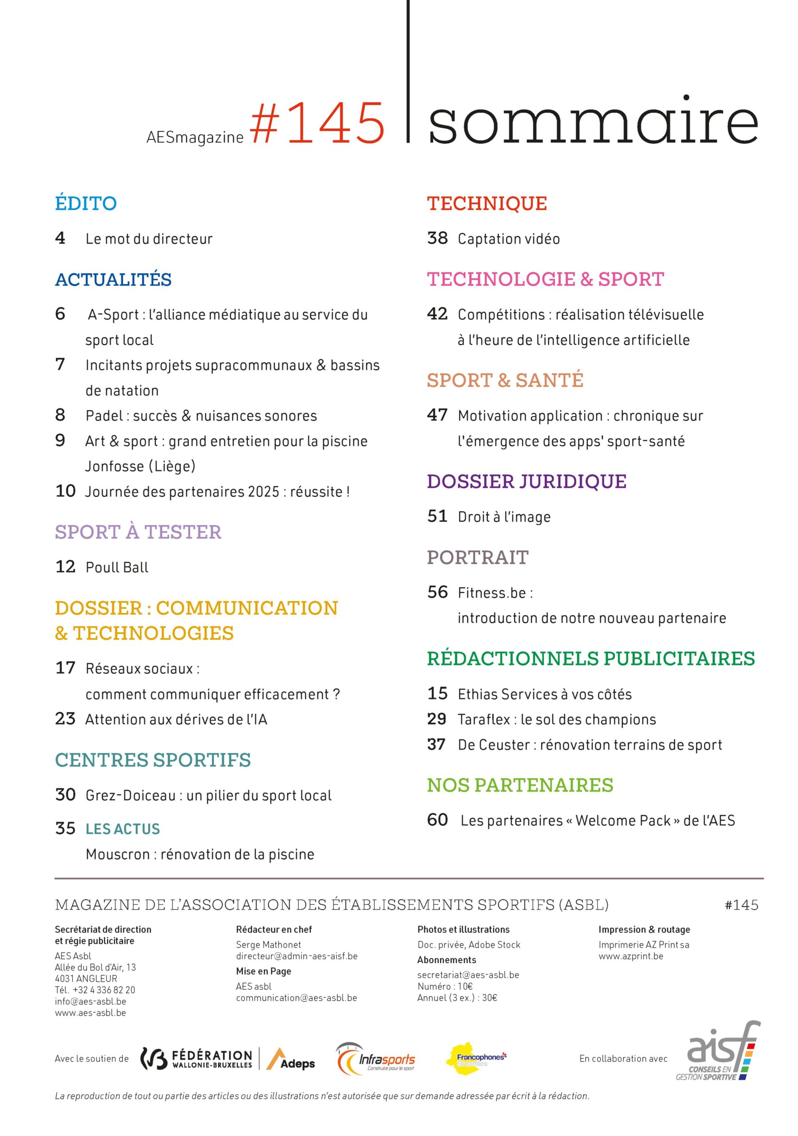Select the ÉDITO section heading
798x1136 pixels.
point(86,203)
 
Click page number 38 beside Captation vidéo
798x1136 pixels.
point(437,238)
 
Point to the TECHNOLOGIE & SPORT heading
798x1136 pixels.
point(545,280)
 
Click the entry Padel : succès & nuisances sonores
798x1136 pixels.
point(201,416)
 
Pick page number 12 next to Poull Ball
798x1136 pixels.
point(65,567)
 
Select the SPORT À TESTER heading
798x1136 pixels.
point(138,532)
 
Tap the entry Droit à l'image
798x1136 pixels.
point(504,517)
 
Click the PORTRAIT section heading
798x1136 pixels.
point(477,558)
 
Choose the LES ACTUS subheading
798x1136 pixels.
point(123,829)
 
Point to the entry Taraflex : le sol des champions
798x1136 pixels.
point(557,719)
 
